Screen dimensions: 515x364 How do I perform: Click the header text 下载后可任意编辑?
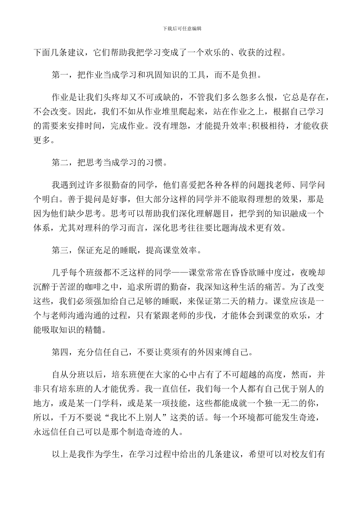tap(182, 28)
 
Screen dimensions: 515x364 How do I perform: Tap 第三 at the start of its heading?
tap(61, 251)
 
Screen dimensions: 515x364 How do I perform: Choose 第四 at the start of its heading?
tap(61, 352)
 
